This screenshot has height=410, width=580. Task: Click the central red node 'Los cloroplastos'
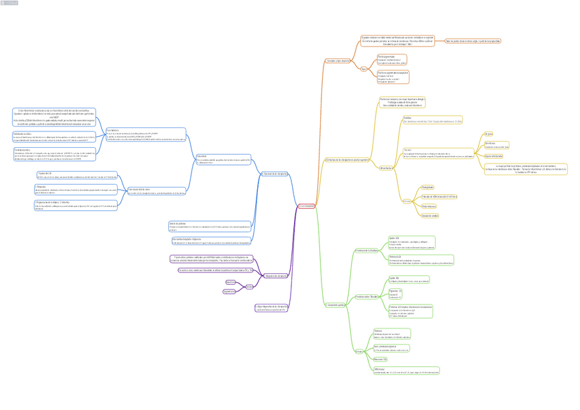pos(306,205)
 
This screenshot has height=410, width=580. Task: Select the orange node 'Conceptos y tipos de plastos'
pos(337,61)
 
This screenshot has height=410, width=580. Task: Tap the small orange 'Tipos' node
pos(363,68)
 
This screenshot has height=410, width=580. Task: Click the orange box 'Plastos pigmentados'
pos(391,59)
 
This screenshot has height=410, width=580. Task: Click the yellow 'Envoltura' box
pos(432,120)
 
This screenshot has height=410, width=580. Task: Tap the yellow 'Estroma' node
pos(407,201)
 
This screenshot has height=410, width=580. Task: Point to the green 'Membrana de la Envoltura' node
pos(367,251)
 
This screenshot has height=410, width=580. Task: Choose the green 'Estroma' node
pos(360,351)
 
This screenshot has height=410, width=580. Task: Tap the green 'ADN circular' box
pos(406,370)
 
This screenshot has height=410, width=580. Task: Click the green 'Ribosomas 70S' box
pos(380,359)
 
